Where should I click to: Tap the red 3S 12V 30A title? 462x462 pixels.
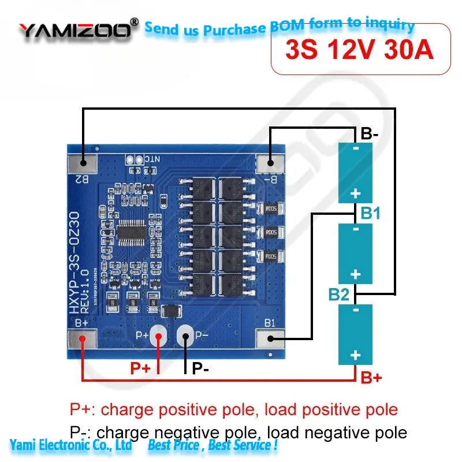[x=359, y=50]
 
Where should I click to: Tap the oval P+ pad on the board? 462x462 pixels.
[x=158, y=336]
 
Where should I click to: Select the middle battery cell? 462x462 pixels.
[x=355, y=253]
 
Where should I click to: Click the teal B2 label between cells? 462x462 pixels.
[x=339, y=295]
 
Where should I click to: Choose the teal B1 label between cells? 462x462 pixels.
[x=370, y=214]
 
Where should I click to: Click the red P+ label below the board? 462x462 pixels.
[x=141, y=368]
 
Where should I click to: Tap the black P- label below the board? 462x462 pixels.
[x=200, y=368]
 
